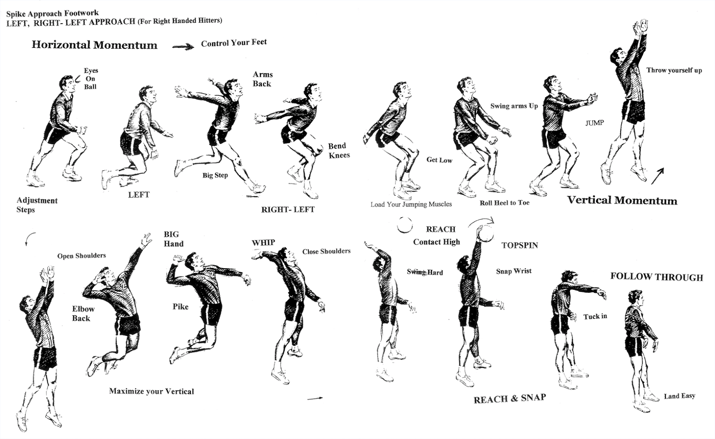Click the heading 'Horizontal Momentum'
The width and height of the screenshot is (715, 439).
pyautogui.click(x=94, y=45)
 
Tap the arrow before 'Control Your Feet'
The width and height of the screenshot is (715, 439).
pyautogui.click(x=183, y=46)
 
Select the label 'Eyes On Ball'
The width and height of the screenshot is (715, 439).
pyautogui.click(x=91, y=79)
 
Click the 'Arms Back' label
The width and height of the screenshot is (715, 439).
pyautogui.click(x=262, y=79)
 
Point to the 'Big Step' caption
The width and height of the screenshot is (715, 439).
pyautogui.click(x=215, y=175)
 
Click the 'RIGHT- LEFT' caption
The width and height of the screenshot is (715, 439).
pyautogui.click(x=288, y=209)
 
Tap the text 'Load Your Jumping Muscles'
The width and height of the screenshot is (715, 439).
pyautogui.click(x=411, y=204)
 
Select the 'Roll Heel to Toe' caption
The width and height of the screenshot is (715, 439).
pyautogui.click(x=504, y=203)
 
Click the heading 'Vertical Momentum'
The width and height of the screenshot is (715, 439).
pyautogui.click(x=622, y=200)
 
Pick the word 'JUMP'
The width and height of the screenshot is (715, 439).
pyautogui.click(x=594, y=123)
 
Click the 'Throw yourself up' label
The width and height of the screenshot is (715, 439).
pyautogui.click(x=673, y=70)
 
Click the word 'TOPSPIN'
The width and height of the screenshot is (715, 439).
pyautogui.click(x=519, y=245)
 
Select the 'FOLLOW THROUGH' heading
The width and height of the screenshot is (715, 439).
pyautogui.click(x=656, y=277)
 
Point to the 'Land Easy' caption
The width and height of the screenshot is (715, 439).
pyautogui.click(x=679, y=396)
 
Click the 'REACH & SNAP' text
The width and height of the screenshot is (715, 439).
pyautogui.click(x=509, y=399)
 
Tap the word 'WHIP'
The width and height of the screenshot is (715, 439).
pyautogui.click(x=263, y=243)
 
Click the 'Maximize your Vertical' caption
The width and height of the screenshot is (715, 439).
pyautogui.click(x=151, y=391)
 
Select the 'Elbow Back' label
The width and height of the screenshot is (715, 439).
pyautogui.click(x=83, y=313)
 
